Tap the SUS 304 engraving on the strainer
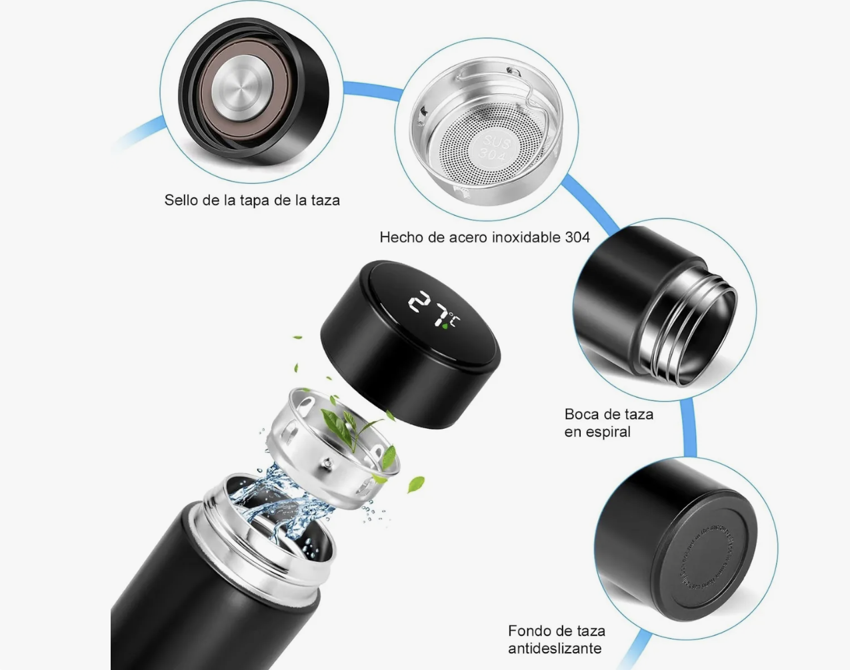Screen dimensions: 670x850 click(495, 148)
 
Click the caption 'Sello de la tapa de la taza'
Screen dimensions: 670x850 click(252, 200)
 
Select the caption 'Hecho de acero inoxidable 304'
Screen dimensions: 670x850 click(485, 237)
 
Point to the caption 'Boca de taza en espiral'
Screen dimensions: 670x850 click(608, 423)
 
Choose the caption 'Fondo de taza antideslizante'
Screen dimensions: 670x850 click(556, 639)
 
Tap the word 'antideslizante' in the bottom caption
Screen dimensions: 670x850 click(555, 649)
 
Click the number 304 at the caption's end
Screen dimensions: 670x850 click(577, 237)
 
